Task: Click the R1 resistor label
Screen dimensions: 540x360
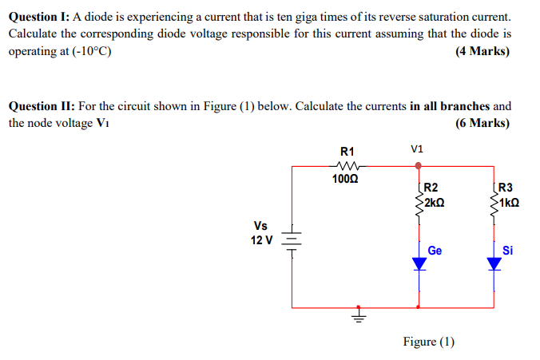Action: click(x=347, y=152)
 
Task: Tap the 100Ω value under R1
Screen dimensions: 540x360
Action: click(x=347, y=179)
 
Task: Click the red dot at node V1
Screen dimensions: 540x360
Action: click(x=418, y=166)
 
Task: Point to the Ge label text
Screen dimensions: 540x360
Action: click(x=435, y=250)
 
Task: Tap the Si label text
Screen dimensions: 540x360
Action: click(x=507, y=250)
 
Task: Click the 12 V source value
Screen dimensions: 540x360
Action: click(x=261, y=239)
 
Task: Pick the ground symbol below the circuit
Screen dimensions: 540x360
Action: click(x=359, y=316)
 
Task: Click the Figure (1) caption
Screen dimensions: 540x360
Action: click(x=429, y=342)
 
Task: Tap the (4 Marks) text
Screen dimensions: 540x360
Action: click(x=482, y=52)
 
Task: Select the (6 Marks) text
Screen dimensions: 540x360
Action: click(x=482, y=123)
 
